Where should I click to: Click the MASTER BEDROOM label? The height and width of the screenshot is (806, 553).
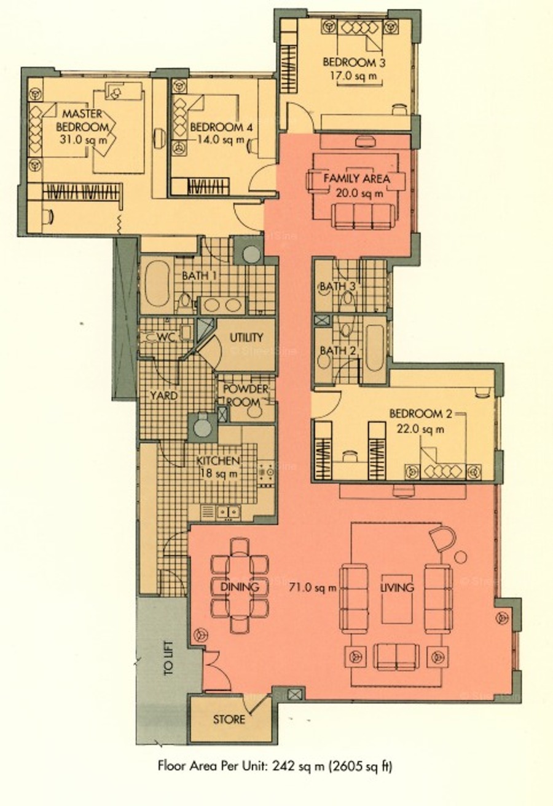82,120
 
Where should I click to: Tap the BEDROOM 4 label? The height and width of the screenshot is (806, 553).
221,127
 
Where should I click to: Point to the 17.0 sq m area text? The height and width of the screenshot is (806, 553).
353,76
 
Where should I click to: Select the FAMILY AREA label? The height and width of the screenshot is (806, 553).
357,178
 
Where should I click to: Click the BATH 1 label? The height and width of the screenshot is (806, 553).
200,276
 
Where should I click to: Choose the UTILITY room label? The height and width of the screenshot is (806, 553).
246,338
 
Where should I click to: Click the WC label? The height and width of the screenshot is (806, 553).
167,337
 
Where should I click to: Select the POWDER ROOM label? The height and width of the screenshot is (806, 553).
246,395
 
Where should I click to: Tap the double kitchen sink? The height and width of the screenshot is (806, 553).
229,511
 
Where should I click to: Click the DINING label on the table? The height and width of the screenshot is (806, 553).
240,587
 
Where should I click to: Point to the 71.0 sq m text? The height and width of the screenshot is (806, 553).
313,588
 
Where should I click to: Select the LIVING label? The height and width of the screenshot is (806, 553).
397,588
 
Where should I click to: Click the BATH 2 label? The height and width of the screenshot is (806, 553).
338,350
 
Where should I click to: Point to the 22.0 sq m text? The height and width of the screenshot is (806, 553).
420,429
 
